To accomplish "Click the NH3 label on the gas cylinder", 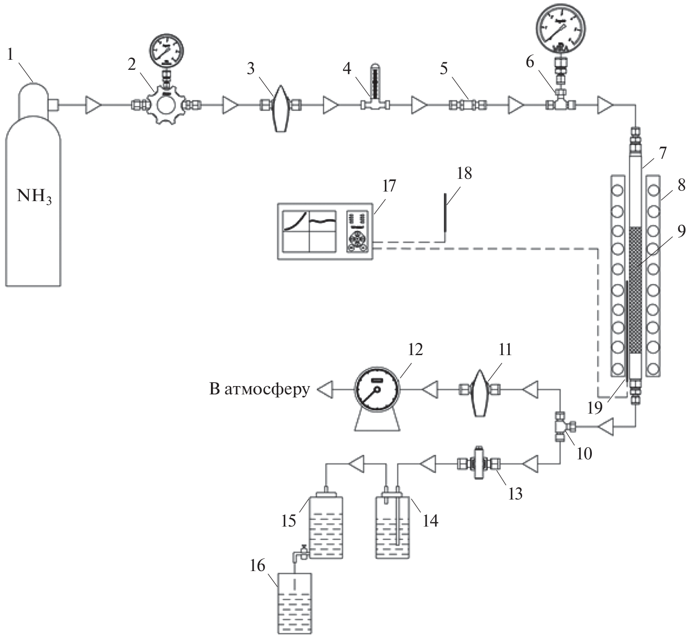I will tap(34, 196).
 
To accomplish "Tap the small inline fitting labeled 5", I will tap(468, 105).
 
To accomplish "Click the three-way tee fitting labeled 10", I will tap(560, 426).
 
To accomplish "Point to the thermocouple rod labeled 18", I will tap(445, 214).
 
